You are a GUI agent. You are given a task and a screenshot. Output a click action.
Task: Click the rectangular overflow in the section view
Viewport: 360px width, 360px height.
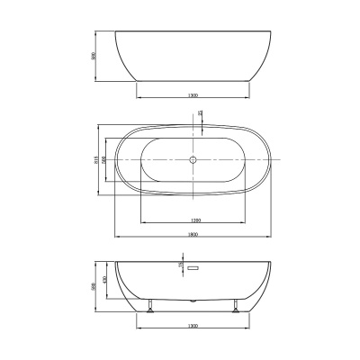click(193, 267)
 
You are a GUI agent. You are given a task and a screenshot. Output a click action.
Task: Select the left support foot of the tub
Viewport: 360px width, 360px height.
click(151, 308)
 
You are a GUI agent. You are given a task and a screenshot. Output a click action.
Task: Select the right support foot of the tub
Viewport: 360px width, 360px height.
click(236, 308)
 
